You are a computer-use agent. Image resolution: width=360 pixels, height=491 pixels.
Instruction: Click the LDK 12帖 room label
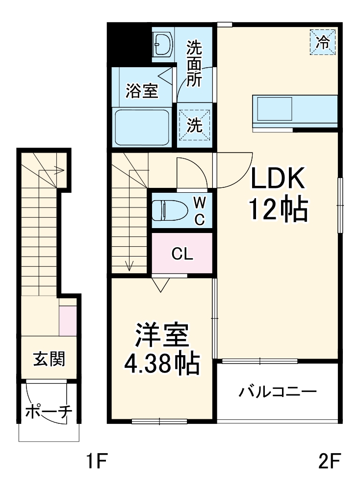(x=279, y=195)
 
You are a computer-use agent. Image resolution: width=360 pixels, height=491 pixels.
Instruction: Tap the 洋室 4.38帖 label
(x=162, y=349)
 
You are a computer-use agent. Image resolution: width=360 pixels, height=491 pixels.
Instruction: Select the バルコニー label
(x=278, y=392)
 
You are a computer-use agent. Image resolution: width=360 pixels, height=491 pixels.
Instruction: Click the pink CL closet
(x=182, y=254)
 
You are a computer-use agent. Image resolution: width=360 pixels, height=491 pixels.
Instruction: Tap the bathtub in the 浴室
(x=142, y=128)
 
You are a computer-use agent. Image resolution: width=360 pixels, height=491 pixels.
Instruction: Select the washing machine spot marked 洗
(x=195, y=125)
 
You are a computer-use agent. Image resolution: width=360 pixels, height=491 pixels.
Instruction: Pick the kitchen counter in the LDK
(x=295, y=110)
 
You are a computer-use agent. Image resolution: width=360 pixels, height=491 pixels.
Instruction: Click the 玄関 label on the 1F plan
(x=49, y=360)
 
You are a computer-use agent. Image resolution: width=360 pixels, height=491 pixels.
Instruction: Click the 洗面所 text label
(x=194, y=64)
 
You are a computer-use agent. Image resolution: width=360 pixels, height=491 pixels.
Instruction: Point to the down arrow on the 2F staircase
(x=129, y=265)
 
